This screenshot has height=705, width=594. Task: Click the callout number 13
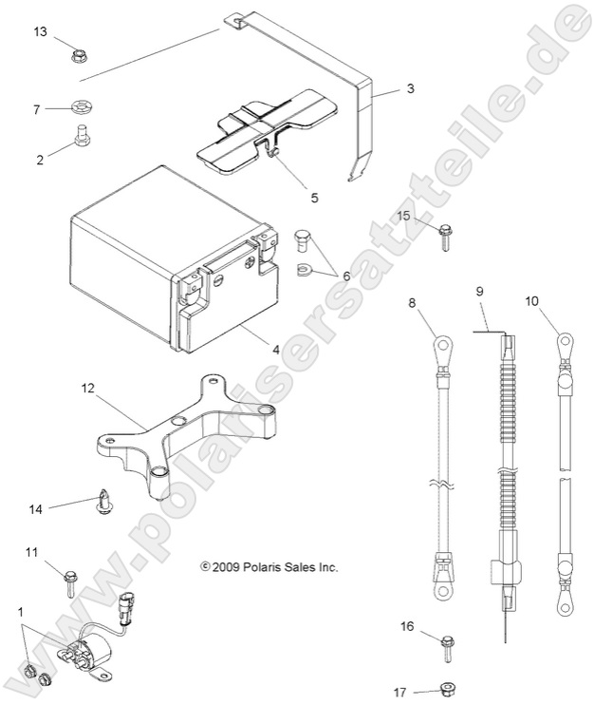(x=39, y=32)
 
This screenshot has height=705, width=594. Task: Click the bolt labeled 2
(x=82, y=139)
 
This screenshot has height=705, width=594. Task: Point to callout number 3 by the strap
(x=410, y=88)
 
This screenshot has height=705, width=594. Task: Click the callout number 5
(x=287, y=199)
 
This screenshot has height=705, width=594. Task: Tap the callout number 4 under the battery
(x=275, y=350)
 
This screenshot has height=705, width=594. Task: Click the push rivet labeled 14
(x=103, y=501)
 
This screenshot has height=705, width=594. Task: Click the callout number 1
(x=21, y=613)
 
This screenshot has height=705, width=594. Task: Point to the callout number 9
(x=479, y=289)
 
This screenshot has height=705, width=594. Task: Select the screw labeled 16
(x=447, y=652)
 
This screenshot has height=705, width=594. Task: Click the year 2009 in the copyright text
(x=227, y=567)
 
